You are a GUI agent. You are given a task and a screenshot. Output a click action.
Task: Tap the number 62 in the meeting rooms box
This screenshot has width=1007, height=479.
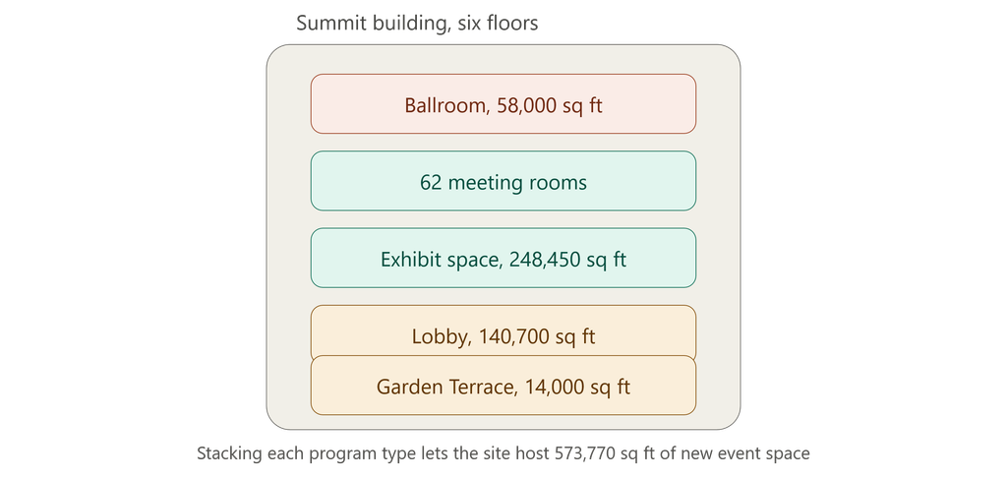pos(431,182)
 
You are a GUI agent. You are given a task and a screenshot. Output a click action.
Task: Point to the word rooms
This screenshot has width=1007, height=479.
pos(556,184)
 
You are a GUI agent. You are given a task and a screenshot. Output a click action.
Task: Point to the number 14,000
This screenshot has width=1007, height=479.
pos(553,388)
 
